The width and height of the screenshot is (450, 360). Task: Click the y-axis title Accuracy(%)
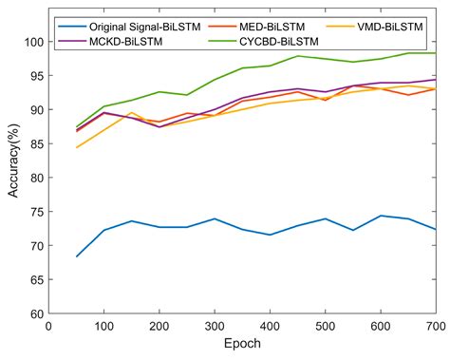(12, 178)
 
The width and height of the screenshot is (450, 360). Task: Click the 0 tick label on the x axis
(48, 325)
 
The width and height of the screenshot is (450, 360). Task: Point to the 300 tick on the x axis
(215, 325)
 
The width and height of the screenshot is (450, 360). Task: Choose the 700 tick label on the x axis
(436, 325)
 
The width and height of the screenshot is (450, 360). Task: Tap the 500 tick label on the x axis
(325, 325)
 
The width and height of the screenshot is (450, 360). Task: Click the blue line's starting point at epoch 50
(76, 256)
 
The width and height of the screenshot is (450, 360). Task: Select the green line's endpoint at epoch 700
(436, 53)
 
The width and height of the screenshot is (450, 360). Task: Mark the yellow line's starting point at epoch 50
(76, 147)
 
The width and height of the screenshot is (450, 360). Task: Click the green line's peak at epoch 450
(297, 56)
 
